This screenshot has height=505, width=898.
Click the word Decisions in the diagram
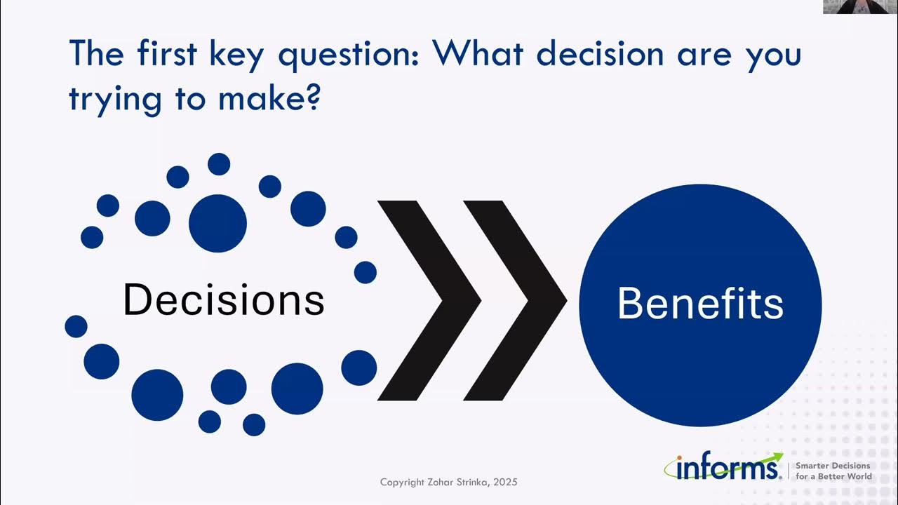(223, 299)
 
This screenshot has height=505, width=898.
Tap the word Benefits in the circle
(700, 304)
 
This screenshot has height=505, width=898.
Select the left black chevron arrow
(429, 301)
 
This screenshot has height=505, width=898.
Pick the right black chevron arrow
(516, 301)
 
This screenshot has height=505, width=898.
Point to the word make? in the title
(269, 99)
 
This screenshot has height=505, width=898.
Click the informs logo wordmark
(723, 467)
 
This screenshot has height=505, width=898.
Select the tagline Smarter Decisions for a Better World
(833, 471)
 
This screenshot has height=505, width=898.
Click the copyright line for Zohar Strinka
(448, 483)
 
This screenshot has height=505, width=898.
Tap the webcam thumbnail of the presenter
(860, 7)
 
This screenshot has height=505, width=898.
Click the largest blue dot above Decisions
(217, 224)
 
